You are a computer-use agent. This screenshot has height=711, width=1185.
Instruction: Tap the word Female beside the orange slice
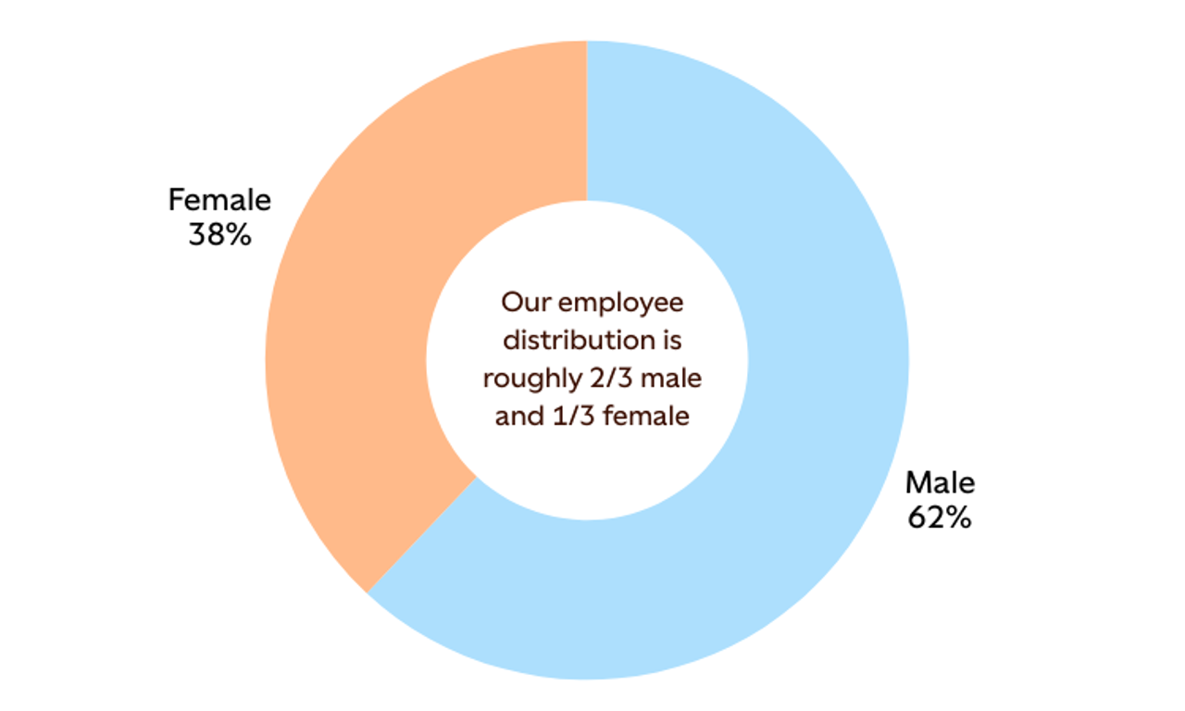pos(219,200)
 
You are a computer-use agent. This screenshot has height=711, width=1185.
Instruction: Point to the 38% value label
pos(219,235)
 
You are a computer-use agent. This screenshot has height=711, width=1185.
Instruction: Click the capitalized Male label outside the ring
pos(940,482)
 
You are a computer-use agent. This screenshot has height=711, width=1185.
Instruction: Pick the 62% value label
pos(939,518)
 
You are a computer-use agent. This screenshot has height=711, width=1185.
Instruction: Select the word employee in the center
pos(621,303)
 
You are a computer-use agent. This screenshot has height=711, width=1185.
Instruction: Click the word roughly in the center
pos(523,379)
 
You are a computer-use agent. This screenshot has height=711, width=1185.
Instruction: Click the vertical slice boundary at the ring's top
pos(586,120)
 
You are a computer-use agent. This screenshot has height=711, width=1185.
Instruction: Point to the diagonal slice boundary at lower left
pos(422,534)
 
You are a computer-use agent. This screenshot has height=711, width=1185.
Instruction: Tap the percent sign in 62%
pos(959,518)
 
